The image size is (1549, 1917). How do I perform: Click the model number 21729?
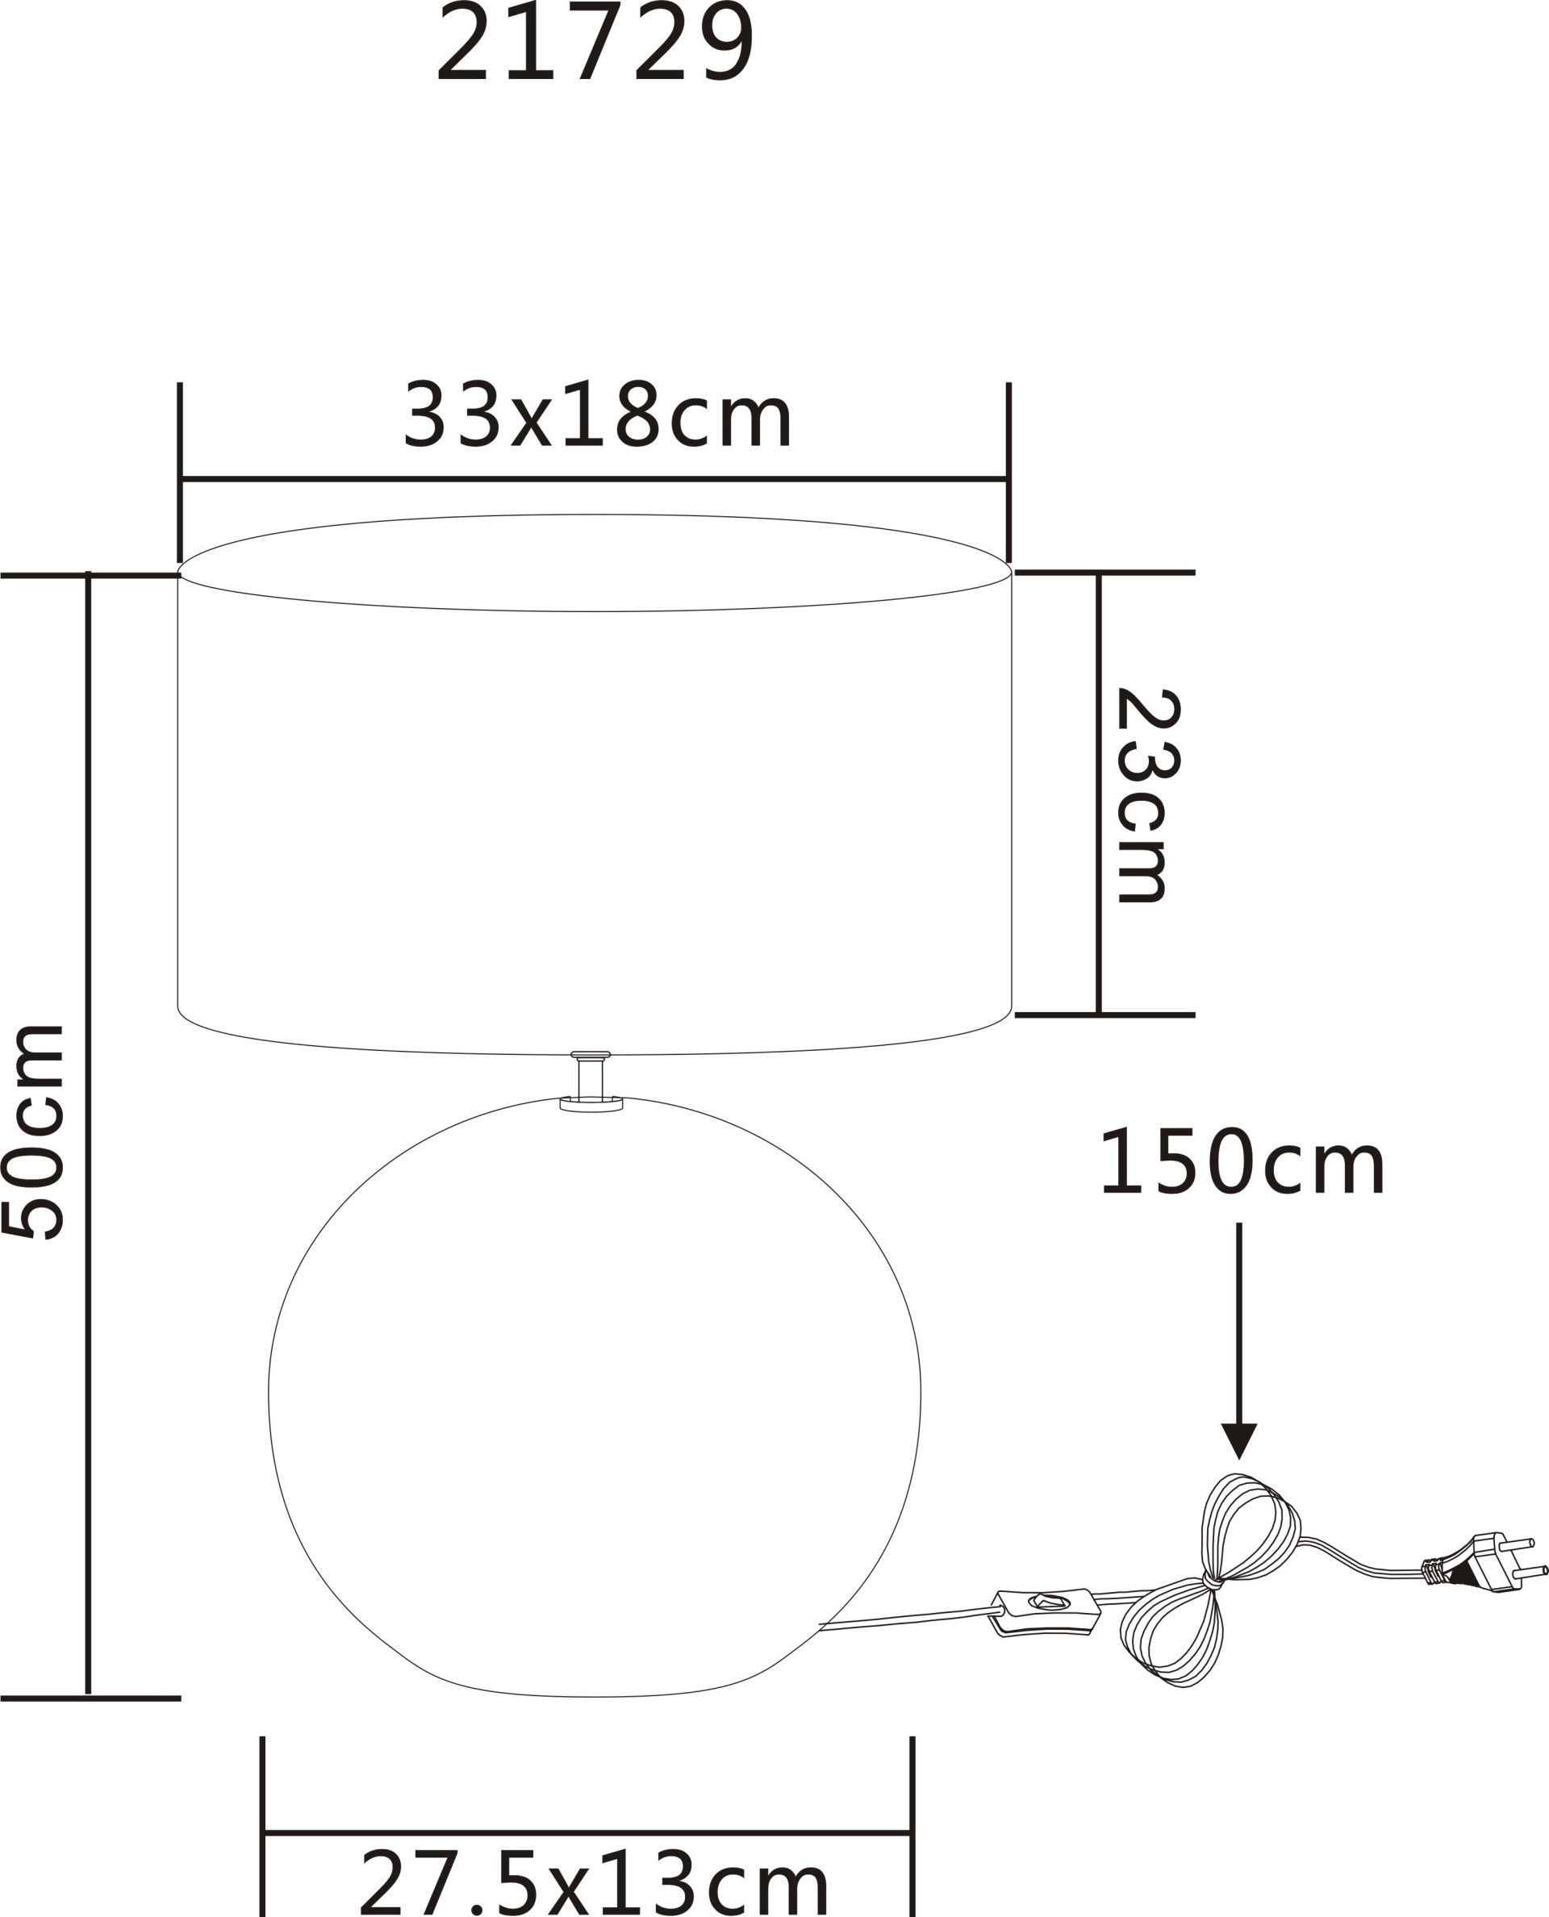595,41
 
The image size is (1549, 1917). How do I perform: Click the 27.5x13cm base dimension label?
595,1882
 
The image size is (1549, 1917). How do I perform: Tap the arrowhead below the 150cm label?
1239,1440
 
